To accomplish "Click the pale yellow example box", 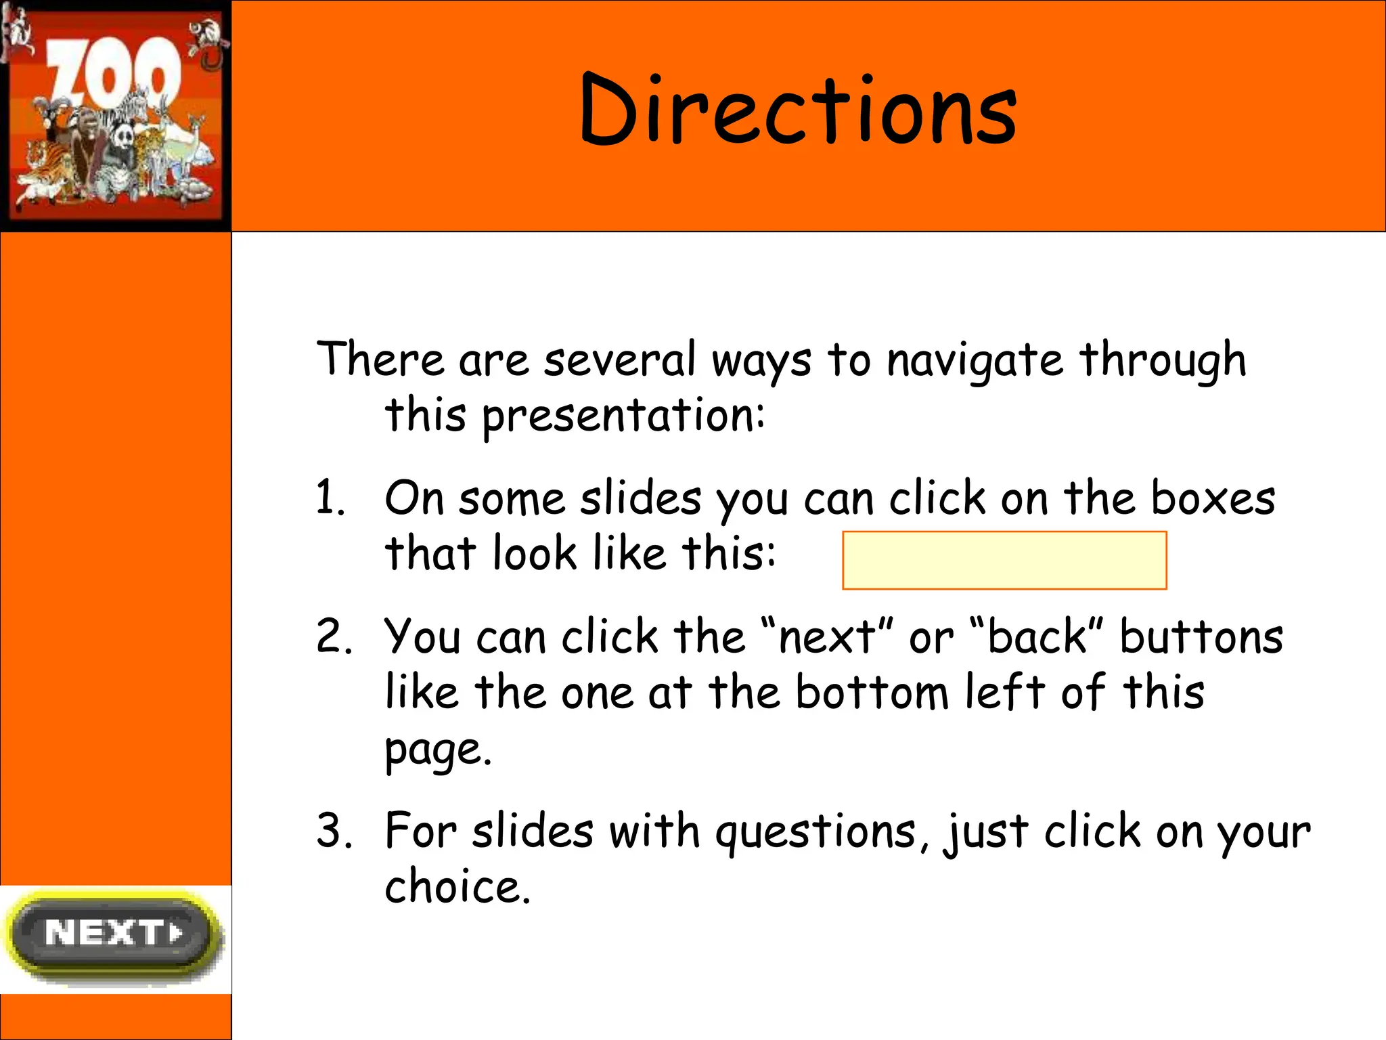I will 1004,561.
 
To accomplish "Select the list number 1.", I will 330,498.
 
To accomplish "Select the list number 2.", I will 333,636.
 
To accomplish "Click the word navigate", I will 975,360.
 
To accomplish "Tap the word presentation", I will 623,416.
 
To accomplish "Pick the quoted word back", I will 1036,636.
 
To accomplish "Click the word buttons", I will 1201,636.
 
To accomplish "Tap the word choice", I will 457,887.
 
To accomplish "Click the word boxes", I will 1213,498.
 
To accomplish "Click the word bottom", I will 872,692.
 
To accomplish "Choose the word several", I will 619,359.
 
